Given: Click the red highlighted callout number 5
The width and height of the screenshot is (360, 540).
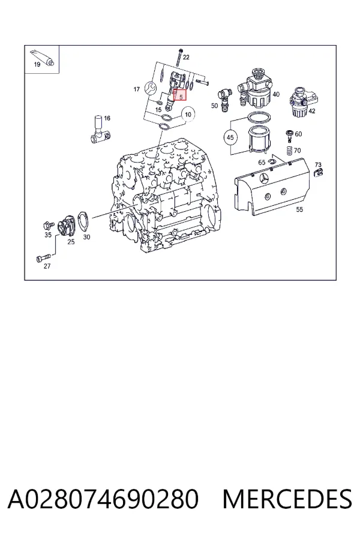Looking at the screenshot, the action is pos(180,95).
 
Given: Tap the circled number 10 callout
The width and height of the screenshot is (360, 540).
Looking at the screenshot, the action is pos(188,115).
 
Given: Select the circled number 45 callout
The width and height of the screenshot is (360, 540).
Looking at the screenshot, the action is pos(230,137).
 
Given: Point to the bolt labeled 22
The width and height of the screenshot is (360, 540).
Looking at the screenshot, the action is pos(179,58).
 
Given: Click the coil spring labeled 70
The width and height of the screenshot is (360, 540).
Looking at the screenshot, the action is pos(289,151).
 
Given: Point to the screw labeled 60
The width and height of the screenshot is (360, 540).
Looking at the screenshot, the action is pos(289,136).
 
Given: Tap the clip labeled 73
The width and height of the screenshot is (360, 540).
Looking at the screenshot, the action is pos(319,172).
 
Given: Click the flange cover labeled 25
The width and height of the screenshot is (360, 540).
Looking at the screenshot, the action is pos(65,226).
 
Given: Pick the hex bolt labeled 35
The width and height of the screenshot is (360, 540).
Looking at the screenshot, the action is pos(48,225).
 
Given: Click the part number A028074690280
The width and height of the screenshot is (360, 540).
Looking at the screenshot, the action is pos(103,499).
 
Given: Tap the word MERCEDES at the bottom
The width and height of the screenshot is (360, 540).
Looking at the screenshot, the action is pos(287,499).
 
